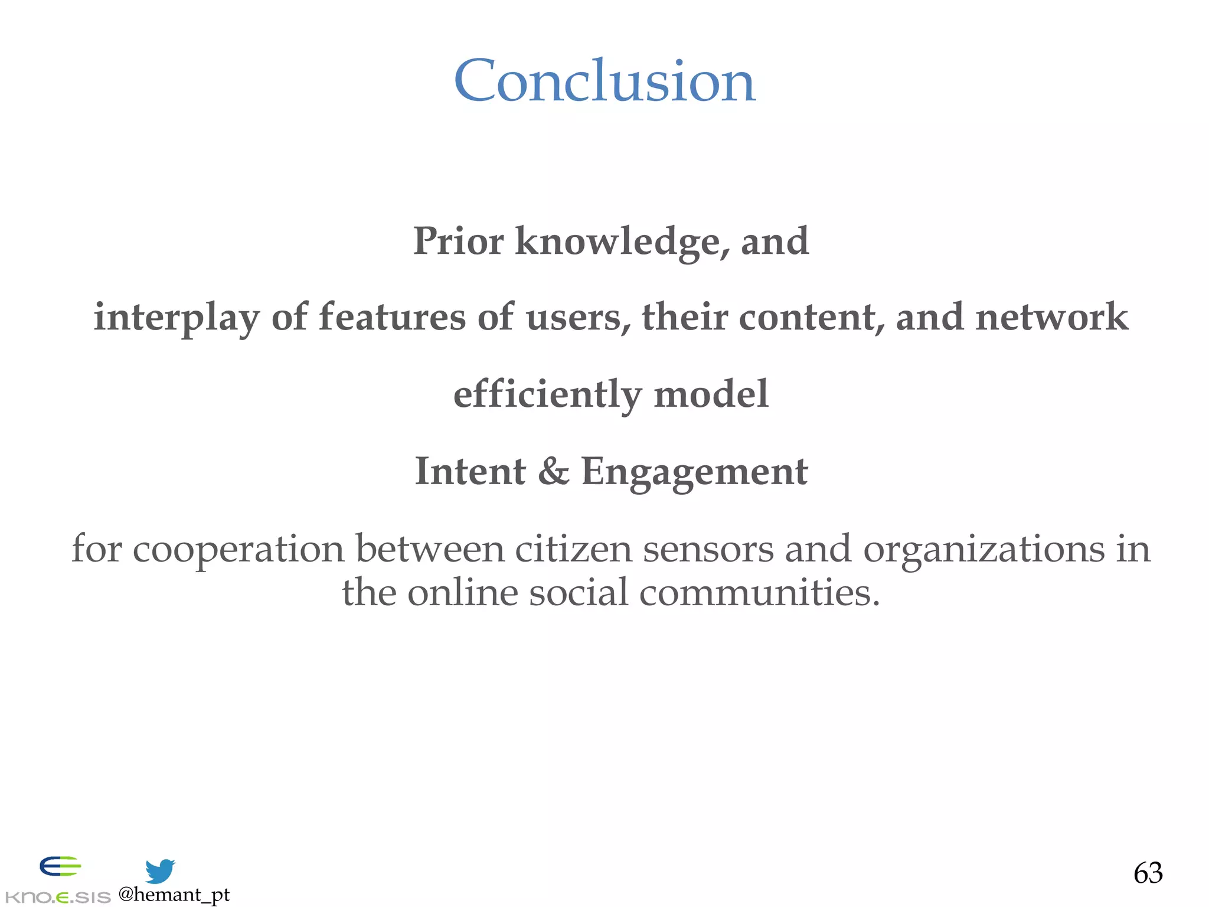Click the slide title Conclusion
pyautogui.click(x=604, y=81)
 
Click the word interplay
pyautogui.click(x=176, y=318)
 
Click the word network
pyautogui.click(x=1051, y=317)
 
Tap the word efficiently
pyautogui.click(x=547, y=394)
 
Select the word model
pyautogui.click(x=711, y=394)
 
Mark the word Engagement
pyautogui.click(x=694, y=472)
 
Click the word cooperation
pyautogui.click(x=238, y=550)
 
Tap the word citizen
pyautogui.click(x=573, y=549)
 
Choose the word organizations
pyautogui.click(x=983, y=550)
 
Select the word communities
pyautogui.click(x=759, y=592)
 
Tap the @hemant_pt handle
pyautogui.click(x=174, y=895)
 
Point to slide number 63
pyautogui.click(x=1148, y=873)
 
